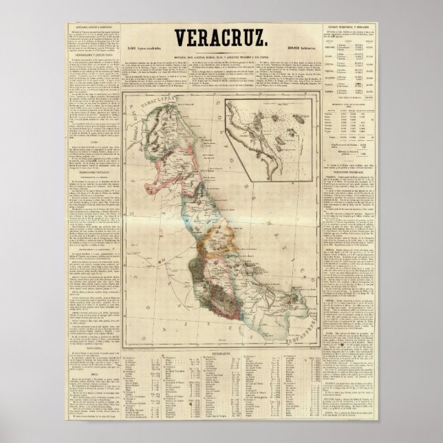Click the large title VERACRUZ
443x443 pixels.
point(221,38)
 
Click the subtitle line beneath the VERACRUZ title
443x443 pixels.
point(221,56)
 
